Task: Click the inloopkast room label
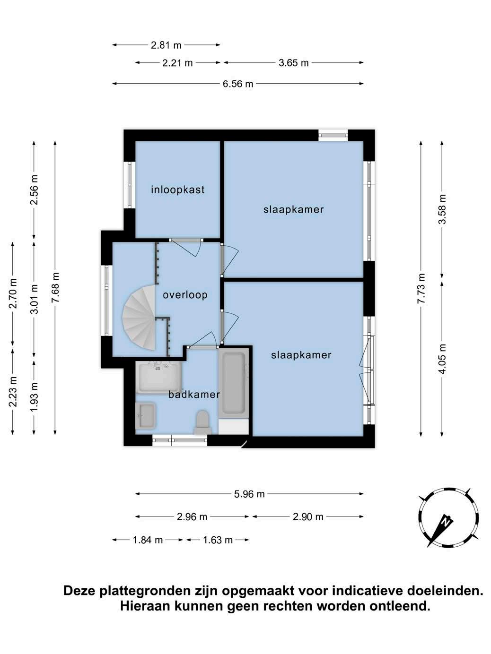pyautogui.click(x=178, y=190)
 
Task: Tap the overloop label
pyautogui.click(x=185, y=295)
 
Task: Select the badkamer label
pyautogui.click(x=194, y=395)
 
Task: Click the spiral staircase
pyautogui.click(x=140, y=318)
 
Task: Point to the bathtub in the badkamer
pyautogui.click(x=233, y=383)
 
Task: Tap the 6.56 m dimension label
pyautogui.click(x=238, y=84)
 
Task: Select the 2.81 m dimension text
pyautogui.click(x=166, y=45)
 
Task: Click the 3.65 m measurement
pyautogui.click(x=294, y=63)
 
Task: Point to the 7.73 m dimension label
pyautogui.click(x=421, y=288)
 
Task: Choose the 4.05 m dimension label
pyautogui.click(x=442, y=359)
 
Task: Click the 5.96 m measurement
pyautogui.click(x=249, y=494)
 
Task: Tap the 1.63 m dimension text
pyautogui.click(x=218, y=540)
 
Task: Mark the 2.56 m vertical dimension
pyautogui.click(x=34, y=189)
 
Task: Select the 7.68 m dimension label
pyautogui.click(x=55, y=287)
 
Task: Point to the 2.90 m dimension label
pyautogui.click(x=308, y=517)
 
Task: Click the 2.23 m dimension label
pyautogui.click(x=13, y=392)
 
